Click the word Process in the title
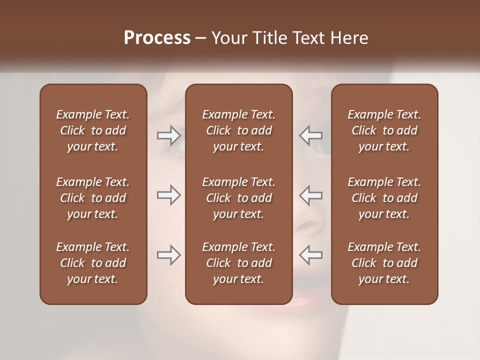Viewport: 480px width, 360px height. pos(157,38)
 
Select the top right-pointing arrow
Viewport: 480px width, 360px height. pos(168,135)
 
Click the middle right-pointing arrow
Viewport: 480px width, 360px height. pos(168,195)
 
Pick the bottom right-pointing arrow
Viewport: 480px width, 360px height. pos(168,255)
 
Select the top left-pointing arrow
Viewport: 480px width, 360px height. pos(310,135)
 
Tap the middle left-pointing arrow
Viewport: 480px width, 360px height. pos(310,195)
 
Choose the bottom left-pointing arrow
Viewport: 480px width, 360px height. pos(310,255)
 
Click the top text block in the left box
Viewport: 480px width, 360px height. pos(93,130)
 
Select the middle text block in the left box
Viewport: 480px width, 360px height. pos(93,198)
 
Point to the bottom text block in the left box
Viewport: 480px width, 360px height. pos(93,263)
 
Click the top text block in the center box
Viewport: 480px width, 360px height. pos(238,130)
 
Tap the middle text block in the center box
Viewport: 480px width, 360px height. pos(238,198)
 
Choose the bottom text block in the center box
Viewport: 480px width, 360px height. pos(238,263)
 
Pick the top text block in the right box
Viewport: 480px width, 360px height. pos(384,130)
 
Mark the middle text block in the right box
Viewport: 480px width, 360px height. pos(384,198)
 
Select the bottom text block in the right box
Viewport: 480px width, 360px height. pos(384,263)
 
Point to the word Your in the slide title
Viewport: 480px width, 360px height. pos(227,38)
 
